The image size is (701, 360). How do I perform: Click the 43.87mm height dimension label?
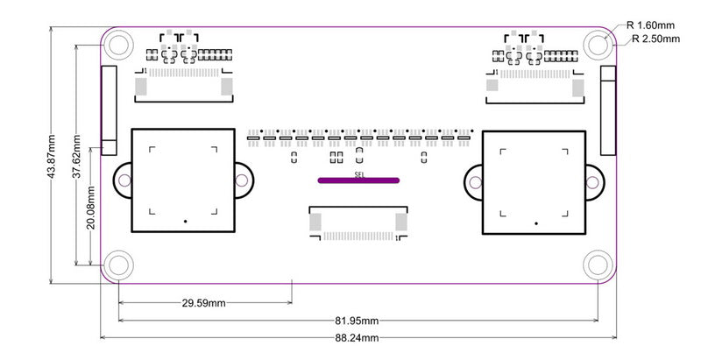(x=52, y=156)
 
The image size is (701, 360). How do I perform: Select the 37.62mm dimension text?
(x=76, y=156)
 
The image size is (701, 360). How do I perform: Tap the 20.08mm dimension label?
(x=91, y=208)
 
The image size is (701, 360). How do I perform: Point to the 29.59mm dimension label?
(x=203, y=303)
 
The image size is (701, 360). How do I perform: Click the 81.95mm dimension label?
(x=357, y=321)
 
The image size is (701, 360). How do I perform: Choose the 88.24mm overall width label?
(x=357, y=338)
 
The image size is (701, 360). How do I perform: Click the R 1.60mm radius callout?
(x=650, y=25)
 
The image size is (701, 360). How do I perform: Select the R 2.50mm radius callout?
(x=655, y=39)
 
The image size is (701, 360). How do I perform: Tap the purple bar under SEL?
(x=358, y=180)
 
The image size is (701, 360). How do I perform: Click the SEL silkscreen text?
(x=359, y=174)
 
